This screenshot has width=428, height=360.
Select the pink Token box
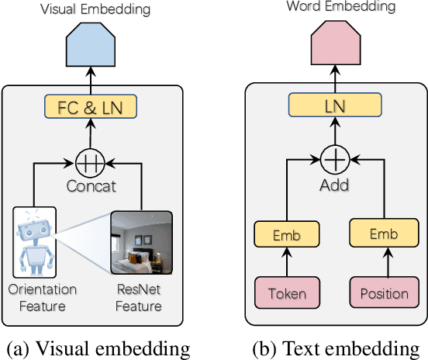tap(287, 294)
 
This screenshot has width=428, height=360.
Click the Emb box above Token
tap(287, 234)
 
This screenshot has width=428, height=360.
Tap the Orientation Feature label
tap(43, 298)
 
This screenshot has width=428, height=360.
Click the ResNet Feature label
tap(140, 298)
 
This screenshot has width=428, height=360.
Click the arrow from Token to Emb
tap(287, 265)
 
